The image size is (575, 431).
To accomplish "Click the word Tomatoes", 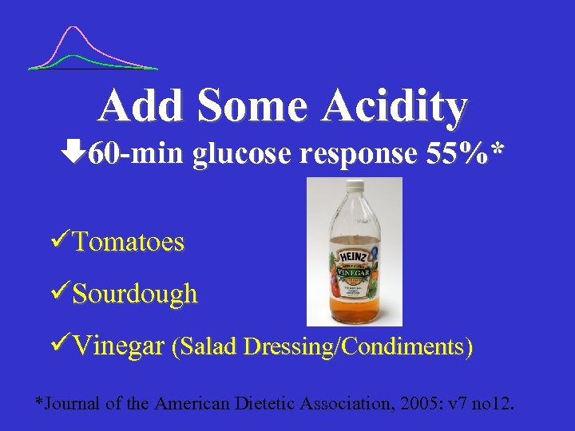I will (x=128, y=242).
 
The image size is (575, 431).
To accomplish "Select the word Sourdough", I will (x=135, y=294).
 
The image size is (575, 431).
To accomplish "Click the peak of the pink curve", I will (x=74, y=28).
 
